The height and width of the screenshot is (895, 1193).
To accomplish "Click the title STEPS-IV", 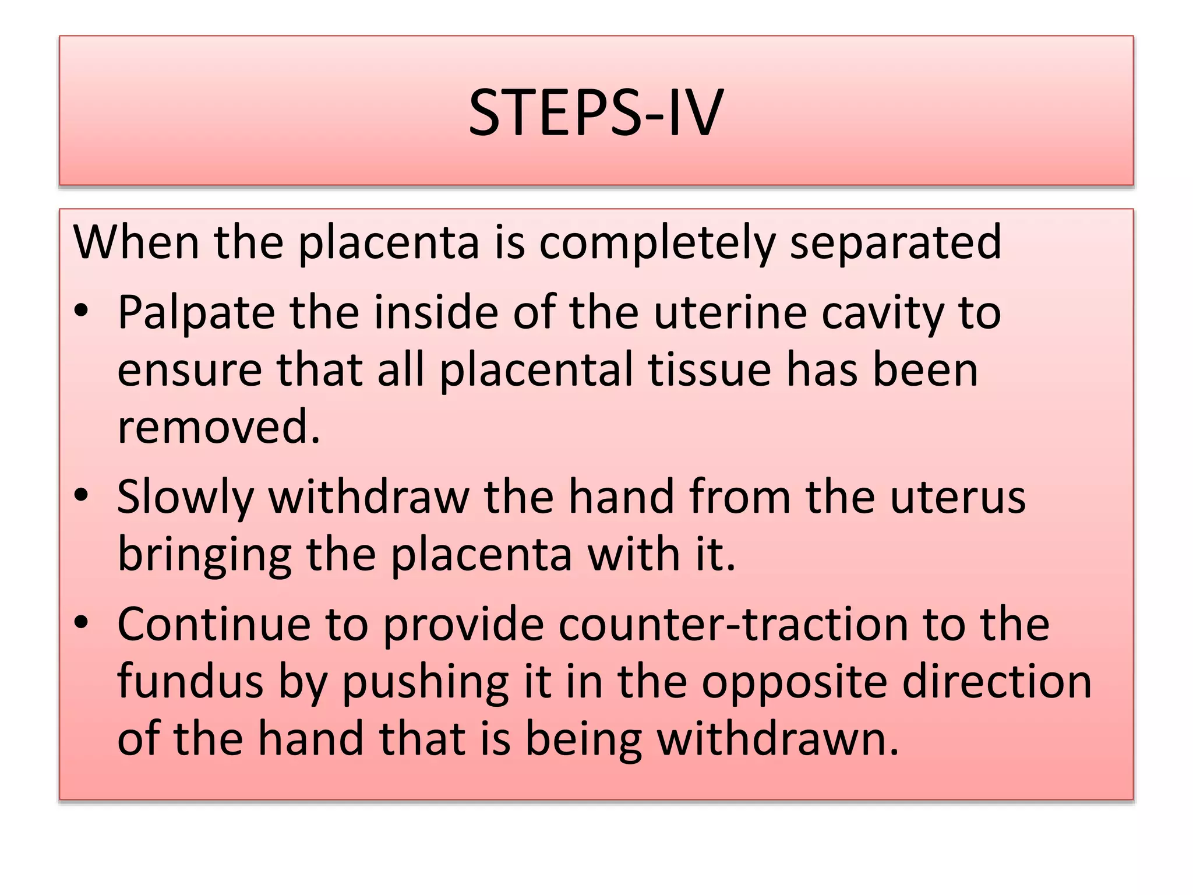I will click(x=596, y=112).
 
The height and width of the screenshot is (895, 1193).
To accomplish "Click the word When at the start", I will click(x=136, y=242).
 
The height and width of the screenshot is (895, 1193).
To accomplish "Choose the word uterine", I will click(x=730, y=313).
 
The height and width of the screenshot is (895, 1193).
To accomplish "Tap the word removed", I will click(x=218, y=426).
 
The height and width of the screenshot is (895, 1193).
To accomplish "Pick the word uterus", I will click(x=958, y=497).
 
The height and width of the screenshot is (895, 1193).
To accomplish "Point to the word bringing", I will click(x=204, y=555).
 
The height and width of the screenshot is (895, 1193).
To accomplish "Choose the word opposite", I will click(x=795, y=682).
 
